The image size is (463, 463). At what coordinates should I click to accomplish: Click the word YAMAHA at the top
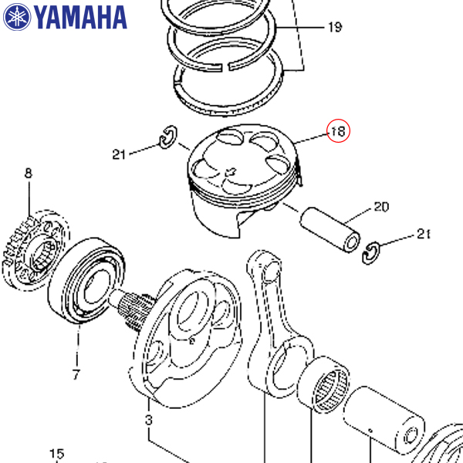coord(80,16)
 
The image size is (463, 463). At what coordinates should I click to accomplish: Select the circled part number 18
coord(338,132)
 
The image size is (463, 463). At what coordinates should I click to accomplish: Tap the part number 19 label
coord(334,29)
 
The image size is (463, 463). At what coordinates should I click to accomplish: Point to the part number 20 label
coord(381,207)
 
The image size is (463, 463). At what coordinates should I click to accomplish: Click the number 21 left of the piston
coord(119,154)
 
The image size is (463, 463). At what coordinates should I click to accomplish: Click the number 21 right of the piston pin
coord(423,234)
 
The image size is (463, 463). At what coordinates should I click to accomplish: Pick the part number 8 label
coord(29,174)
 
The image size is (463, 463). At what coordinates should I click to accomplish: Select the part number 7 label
coord(76,376)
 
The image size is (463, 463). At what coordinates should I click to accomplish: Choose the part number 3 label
coord(149,421)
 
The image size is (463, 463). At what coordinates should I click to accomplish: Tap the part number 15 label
coord(56,454)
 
